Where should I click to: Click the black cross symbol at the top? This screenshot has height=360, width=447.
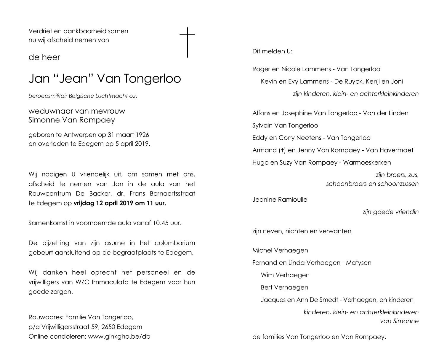(x=187, y=42)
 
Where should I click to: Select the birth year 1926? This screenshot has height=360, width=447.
(x=142, y=135)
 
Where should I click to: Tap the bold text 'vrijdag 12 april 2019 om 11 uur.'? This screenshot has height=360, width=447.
(x=120, y=203)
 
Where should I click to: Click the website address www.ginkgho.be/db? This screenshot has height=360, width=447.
(x=119, y=337)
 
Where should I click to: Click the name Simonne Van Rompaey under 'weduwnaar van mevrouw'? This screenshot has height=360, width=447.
(x=72, y=120)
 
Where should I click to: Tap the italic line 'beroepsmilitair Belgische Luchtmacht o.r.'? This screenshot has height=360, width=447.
(x=83, y=96)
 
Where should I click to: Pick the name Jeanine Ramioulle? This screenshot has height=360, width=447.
(x=280, y=200)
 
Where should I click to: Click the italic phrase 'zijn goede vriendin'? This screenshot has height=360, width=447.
(x=390, y=212)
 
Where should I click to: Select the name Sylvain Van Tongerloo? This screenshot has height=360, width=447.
(x=285, y=125)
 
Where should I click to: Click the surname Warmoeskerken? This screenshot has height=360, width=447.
(x=367, y=163)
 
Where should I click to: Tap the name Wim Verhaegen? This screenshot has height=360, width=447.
(x=285, y=275)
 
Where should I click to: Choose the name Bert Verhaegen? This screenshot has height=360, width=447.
(x=284, y=287)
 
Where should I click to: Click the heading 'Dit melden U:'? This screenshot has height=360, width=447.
(x=272, y=51)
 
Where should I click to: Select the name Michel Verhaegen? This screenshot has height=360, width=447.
(x=280, y=250)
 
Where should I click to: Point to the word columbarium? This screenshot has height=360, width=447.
(x=175, y=243)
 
